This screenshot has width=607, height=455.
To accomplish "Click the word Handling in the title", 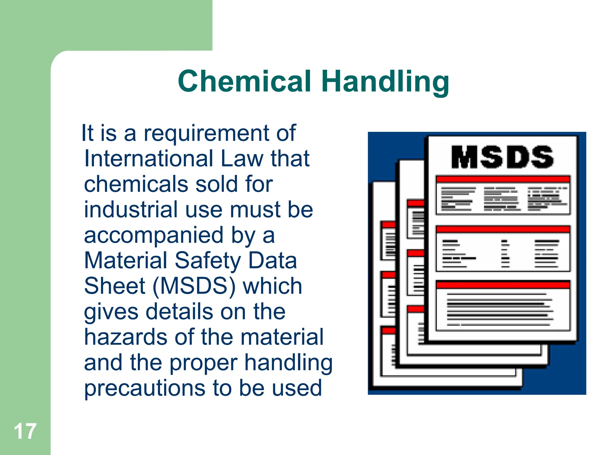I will point(385,82).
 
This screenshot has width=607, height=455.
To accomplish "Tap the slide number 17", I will point(25,431).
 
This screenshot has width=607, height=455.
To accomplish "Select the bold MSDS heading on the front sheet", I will point(502,157).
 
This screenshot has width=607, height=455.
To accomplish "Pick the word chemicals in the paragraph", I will point(136,184).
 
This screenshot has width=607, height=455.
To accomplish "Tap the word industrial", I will point(131,209).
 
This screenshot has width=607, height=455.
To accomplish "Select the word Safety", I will point(207,261).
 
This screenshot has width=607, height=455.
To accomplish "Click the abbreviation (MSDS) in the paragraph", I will point(194,286).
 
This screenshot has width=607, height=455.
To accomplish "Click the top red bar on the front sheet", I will point(503,179).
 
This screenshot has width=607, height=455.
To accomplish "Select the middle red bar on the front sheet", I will point(503,229).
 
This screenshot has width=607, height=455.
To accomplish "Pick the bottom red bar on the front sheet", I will point(503,285).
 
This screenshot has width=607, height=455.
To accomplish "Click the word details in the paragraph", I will point(179,312).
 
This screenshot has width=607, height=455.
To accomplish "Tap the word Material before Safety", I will point(126,261).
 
